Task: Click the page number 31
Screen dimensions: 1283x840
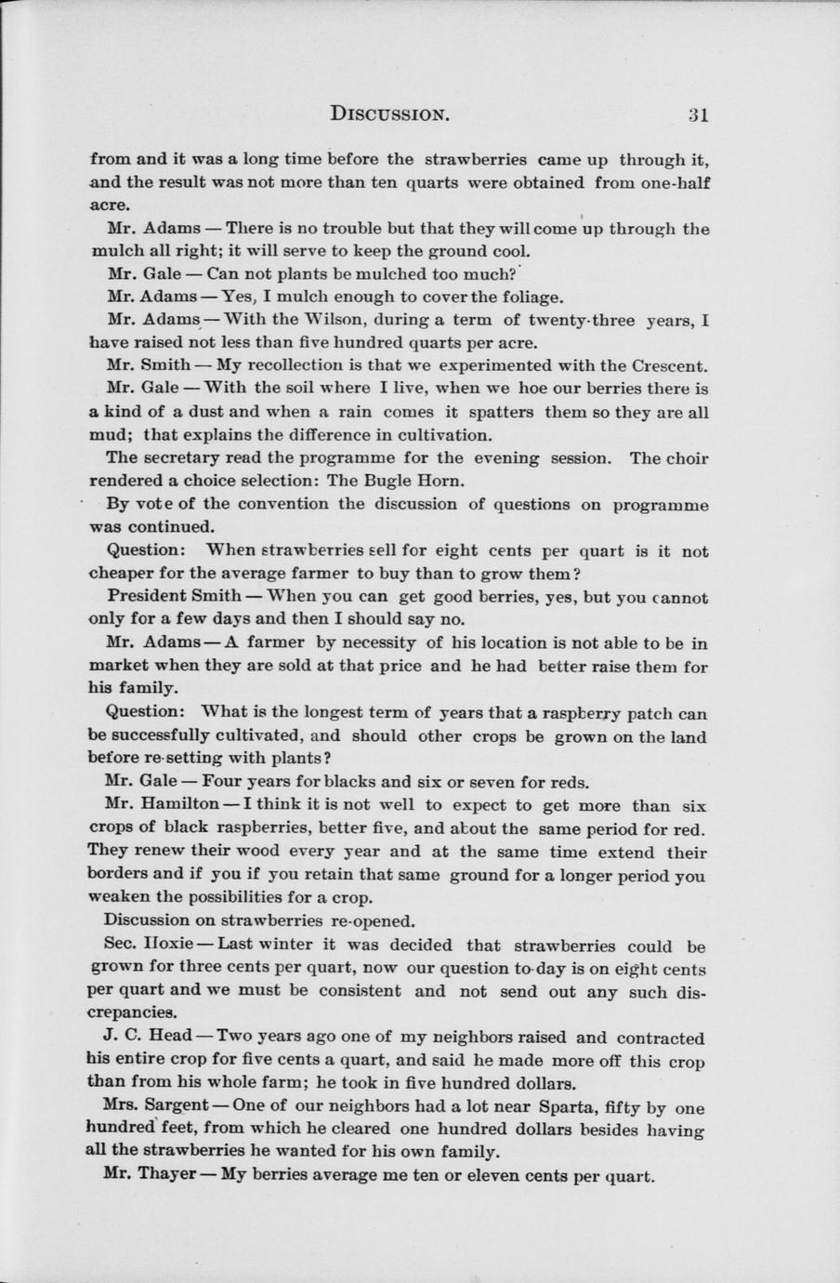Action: point(699,115)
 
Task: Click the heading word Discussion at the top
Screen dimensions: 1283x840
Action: point(390,115)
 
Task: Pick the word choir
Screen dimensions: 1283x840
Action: point(687,458)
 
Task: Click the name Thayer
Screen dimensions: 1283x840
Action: point(165,1174)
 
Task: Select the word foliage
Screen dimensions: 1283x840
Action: point(531,298)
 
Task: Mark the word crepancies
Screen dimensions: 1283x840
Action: point(132,1013)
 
